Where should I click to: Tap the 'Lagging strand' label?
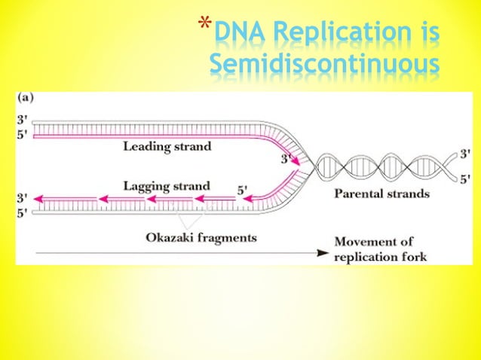pyautogui.click(x=167, y=185)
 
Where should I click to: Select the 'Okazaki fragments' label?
pyautogui.click(x=201, y=237)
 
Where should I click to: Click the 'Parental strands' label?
pyautogui.click(x=381, y=194)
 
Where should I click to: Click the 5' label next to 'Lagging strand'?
pyautogui.click(x=243, y=191)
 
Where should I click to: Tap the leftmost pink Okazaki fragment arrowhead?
pyautogui.click(x=38, y=200)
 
